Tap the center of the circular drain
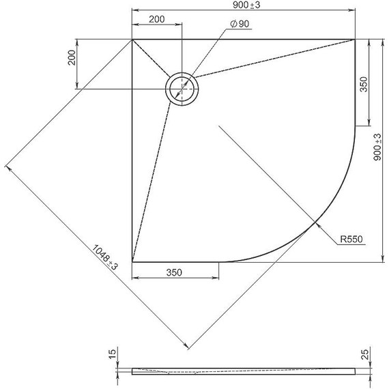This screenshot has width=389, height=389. (182, 89)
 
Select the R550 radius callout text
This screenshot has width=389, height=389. (353, 240)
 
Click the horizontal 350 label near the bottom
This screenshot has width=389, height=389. (174, 273)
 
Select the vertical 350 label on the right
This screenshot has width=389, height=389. (364, 84)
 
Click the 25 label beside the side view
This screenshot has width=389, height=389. (365, 355)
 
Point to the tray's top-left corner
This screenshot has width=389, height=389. (132, 40)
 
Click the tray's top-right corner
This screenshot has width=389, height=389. (355, 40)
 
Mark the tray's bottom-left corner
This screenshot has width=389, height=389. (132, 261)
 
